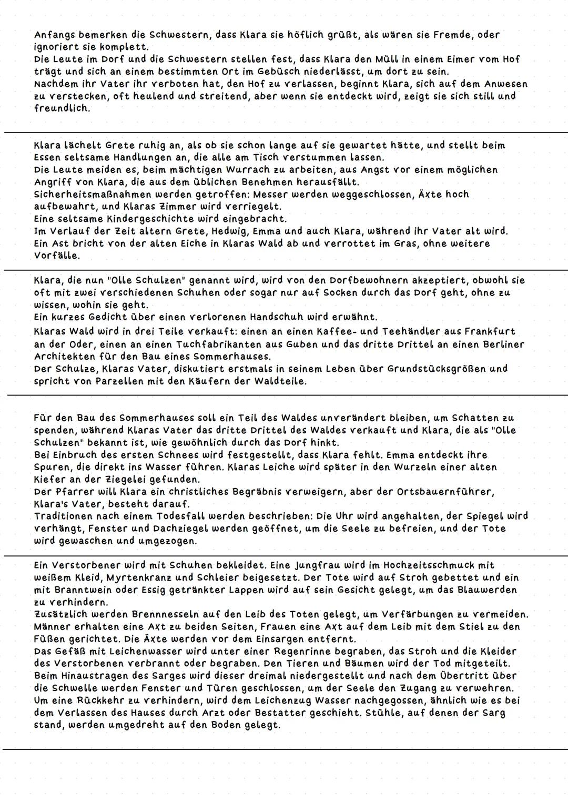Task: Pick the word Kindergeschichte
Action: (126, 219)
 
